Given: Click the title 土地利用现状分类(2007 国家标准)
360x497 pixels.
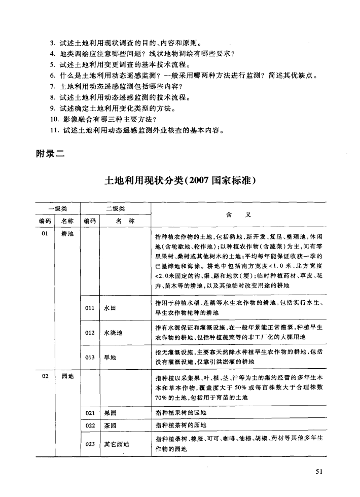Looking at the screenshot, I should click(179, 181).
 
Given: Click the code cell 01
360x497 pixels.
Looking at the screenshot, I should click(45, 234).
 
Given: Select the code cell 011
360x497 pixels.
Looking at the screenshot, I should click(90, 307).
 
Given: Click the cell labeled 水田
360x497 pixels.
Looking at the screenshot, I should click(110, 307).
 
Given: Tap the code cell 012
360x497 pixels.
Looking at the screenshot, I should click(90, 333).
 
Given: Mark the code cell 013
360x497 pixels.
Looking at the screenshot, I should click(90, 357).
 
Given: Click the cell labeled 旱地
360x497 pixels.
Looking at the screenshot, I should click(110, 357).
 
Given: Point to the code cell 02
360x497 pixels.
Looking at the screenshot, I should click(45, 376).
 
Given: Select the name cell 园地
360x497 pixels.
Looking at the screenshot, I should click(67, 376).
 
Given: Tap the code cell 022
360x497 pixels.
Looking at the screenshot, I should click(90, 424).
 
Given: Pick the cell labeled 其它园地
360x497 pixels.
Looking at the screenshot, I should click(116, 444).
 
